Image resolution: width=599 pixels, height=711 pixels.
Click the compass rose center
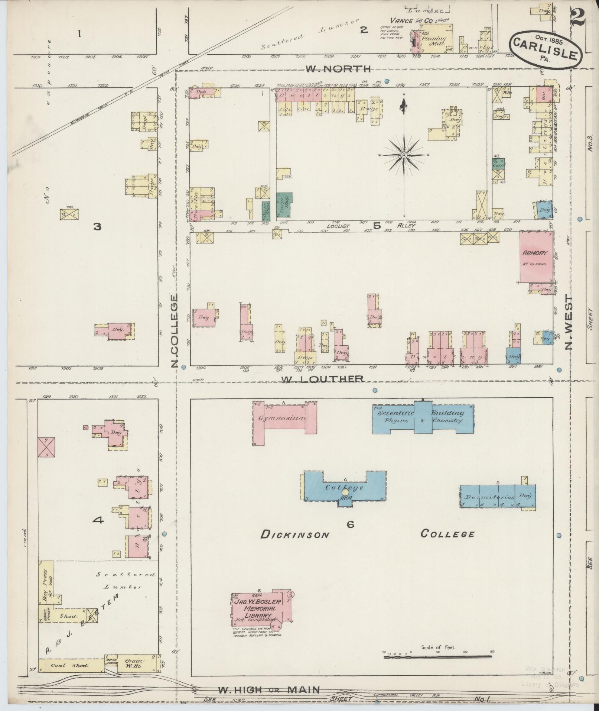404,155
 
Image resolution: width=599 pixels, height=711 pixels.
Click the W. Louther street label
322,379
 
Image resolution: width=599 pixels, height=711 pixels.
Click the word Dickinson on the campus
295,535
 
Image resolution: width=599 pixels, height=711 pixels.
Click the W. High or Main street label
268,690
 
